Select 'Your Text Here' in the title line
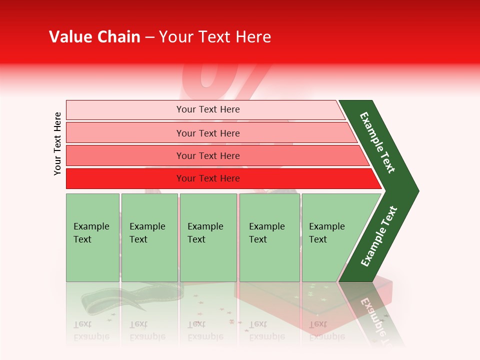coord(215,37)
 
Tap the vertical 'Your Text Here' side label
coord(57,143)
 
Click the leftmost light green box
coord(92,237)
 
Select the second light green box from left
coord(149,237)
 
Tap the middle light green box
coord(208,237)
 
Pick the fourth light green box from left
coord(269,237)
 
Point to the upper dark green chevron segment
coord(377,142)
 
